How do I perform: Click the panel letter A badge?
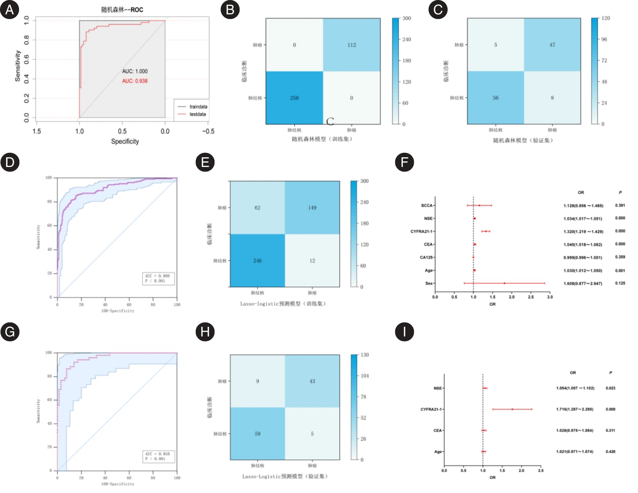(x=10, y=10)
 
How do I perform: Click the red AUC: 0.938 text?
(x=135, y=81)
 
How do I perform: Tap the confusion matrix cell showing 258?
(x=294, y=98)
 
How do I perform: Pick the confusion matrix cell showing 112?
(x=351, y=45)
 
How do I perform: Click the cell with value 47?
(x=552, y=45)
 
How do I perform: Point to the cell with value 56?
(x=495, y=98)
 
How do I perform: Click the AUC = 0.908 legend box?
(x=158, y=278)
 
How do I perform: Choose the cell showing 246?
(x=257, y=261)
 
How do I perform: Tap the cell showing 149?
(x=312, y=208)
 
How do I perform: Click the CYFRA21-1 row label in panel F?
(x=421, y=232)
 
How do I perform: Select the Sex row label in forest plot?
(x=429, y=283)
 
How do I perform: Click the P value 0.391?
(x=620, y=205)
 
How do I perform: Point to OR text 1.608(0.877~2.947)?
(x=583, y=284)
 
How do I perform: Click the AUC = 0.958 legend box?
(x=158, y=456)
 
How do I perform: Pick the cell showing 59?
(x=257, y=434)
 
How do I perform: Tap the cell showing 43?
(x=312, y=381)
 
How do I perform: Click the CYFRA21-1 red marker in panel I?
(x=512, y=409)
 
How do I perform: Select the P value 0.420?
(x=610, y=452)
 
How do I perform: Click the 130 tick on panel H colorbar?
(x=365, y=355)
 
